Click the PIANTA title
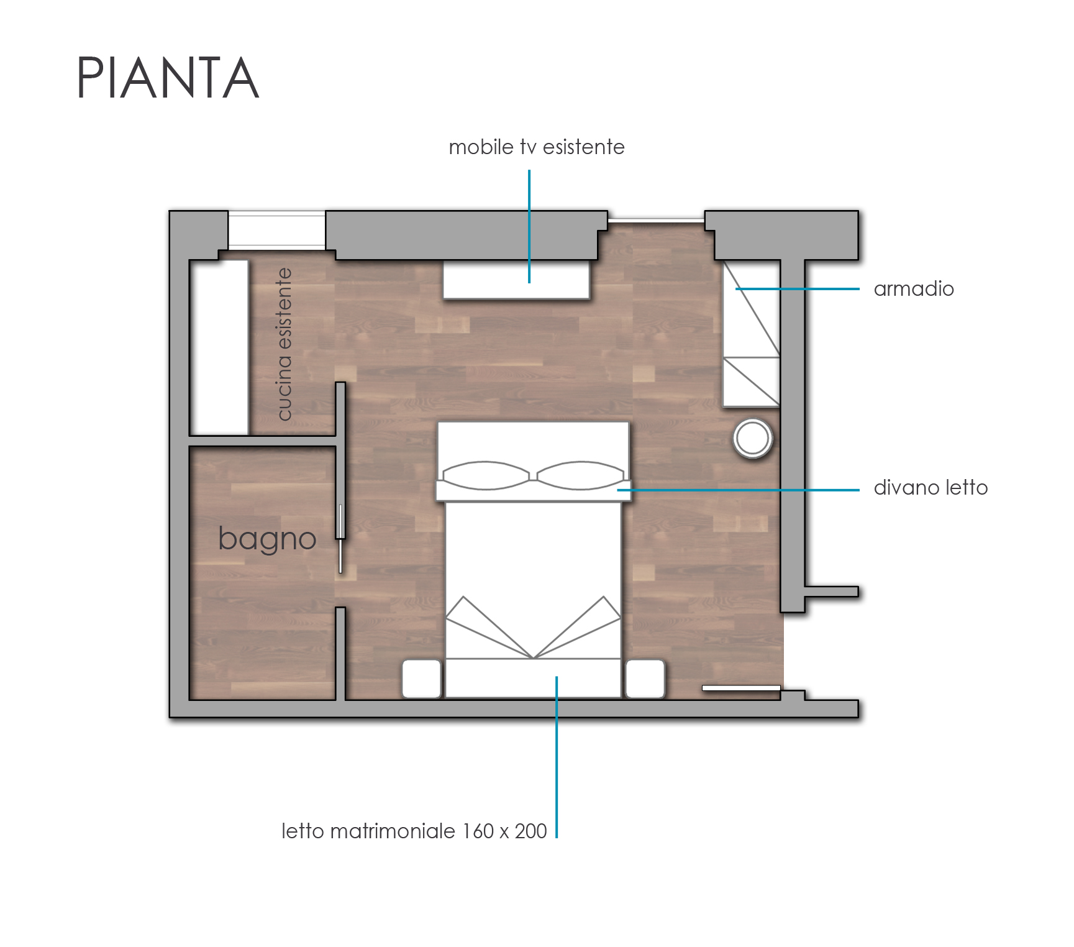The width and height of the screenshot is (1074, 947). [167, 78]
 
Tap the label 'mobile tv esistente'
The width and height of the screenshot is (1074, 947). [537, 147]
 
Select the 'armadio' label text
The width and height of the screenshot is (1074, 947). [914, 289]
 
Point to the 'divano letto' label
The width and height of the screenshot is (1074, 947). [931, 488]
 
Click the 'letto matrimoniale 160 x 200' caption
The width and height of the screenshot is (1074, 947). [414, 831]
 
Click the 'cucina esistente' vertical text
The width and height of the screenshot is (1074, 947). [283, 344]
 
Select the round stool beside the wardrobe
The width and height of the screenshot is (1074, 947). [753, 438]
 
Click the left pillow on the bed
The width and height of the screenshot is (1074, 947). [486, 475]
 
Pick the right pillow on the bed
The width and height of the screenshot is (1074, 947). [581, 475]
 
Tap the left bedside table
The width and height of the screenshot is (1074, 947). [422, 679]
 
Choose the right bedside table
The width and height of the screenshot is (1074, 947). [645, 679]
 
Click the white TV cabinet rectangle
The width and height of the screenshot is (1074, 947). [516, 280]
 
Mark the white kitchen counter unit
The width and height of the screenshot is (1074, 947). [219, 348]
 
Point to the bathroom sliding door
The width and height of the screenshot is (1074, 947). [340, 538]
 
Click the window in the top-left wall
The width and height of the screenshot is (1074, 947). [276, 230]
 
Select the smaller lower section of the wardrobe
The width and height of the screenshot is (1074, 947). [752, 382]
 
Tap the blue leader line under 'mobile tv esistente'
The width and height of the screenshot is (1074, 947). [529, 227]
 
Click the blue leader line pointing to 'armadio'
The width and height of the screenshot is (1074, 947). [798, 289]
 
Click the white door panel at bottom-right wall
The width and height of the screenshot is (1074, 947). [741, 688]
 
